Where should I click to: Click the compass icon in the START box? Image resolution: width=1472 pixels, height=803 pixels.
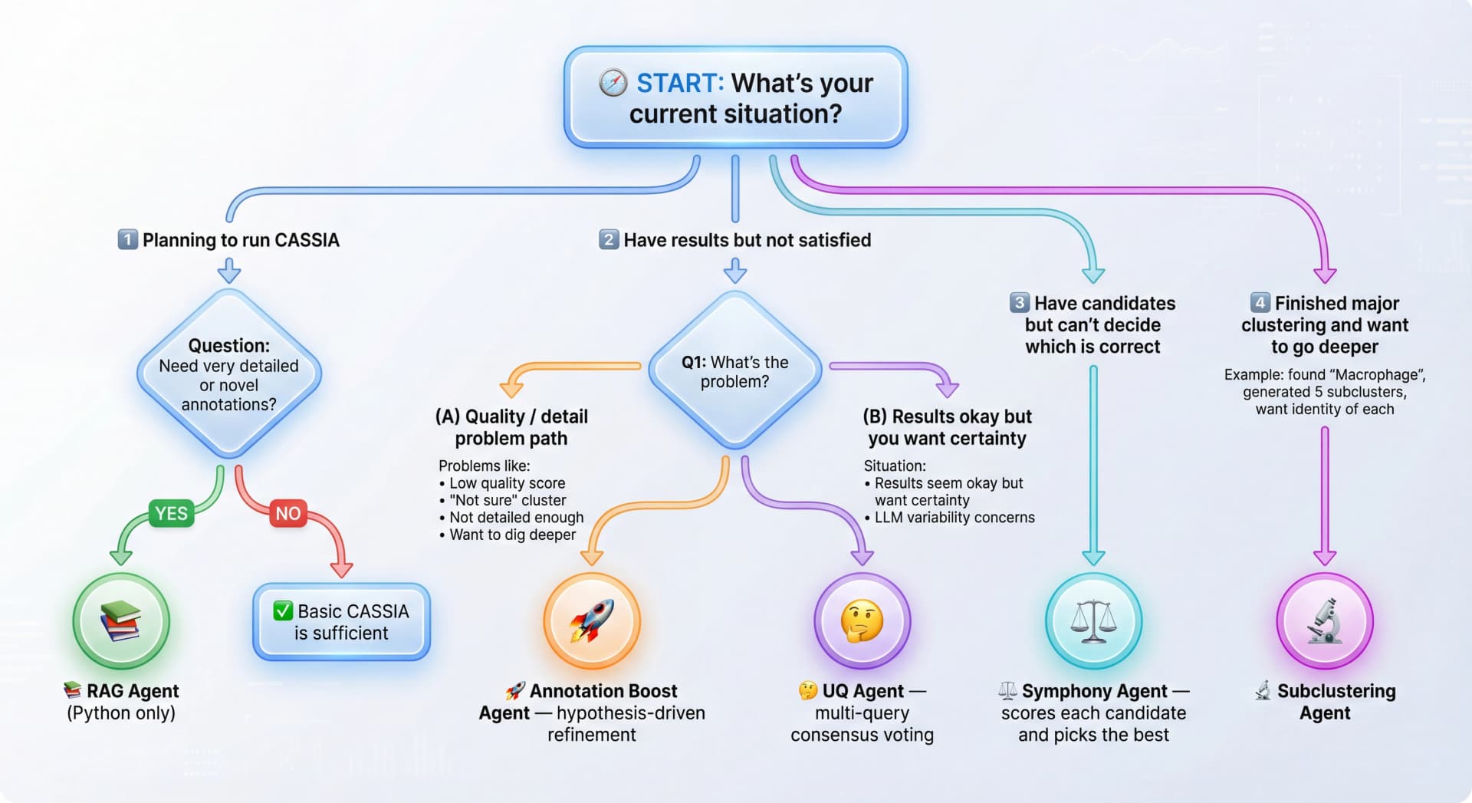(x=613, y=83)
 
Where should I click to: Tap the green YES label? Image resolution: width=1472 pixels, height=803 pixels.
(x=171, y=513)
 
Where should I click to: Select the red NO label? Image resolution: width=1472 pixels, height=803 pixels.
(x=288, y=513)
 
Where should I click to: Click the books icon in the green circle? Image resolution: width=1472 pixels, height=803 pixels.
(x=121, y=620)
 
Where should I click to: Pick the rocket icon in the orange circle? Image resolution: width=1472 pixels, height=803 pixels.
(x=592, y=620)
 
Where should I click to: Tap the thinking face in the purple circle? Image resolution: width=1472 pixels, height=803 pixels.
(x=863, y=620)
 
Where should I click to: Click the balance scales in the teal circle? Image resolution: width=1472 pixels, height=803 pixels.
(x=1093, y=620)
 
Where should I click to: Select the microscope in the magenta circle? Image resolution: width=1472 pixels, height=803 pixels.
(x=1325, y=620)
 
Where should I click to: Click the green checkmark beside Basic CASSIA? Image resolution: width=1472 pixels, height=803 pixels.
(x=283, y=611)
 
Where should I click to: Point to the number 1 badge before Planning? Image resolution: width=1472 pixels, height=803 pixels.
(x=127, y=239)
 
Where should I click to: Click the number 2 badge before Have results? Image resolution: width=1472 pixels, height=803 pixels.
(x=609, y=239)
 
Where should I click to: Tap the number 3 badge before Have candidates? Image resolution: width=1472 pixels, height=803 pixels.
(x=1020, y=302)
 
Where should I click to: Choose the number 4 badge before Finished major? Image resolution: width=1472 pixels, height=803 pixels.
(x=1260, y=302)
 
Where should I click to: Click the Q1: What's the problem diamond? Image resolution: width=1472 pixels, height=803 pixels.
(x=735, y=370)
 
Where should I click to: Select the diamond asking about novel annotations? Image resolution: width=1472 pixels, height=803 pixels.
(x=228, y=374)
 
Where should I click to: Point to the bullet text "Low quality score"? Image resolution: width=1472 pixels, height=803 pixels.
(x=507, y=483)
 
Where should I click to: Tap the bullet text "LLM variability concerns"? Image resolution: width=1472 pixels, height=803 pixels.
(x=955, y=518)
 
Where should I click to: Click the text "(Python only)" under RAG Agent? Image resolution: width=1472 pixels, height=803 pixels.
(x=121, y=713)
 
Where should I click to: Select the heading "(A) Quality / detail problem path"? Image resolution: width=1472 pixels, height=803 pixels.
(x=511, y=427)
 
